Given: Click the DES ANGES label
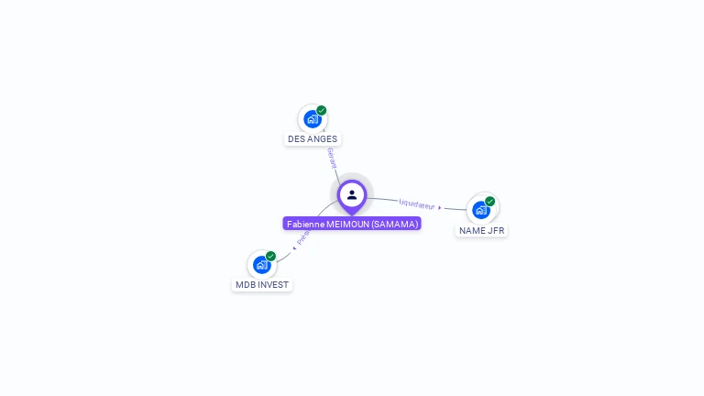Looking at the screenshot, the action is point(313,139).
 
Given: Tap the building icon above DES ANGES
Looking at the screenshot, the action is point(312,119).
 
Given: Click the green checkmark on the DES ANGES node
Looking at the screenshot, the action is point(322,110).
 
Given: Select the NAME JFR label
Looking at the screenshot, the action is point(481,230).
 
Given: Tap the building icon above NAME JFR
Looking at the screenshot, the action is point(480,210).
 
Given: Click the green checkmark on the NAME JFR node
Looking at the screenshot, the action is point(490,201).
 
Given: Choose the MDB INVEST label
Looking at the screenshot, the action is point(262,285).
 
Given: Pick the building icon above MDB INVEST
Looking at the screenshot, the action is point(261,265).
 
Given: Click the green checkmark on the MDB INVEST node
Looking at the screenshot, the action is point(271,256).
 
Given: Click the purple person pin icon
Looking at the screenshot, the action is point(352,194).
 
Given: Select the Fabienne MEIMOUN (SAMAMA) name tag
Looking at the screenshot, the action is point(352,224).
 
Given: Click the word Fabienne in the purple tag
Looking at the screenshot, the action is point(305,224).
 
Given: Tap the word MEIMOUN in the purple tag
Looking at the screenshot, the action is point(348,224).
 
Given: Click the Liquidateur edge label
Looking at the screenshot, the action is point(416,204).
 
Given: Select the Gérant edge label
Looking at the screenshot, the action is point(332,158).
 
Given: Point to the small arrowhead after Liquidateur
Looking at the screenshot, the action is point(440,208).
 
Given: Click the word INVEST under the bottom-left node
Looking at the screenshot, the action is point(273,285).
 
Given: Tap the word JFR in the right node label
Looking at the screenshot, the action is point(496,230).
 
